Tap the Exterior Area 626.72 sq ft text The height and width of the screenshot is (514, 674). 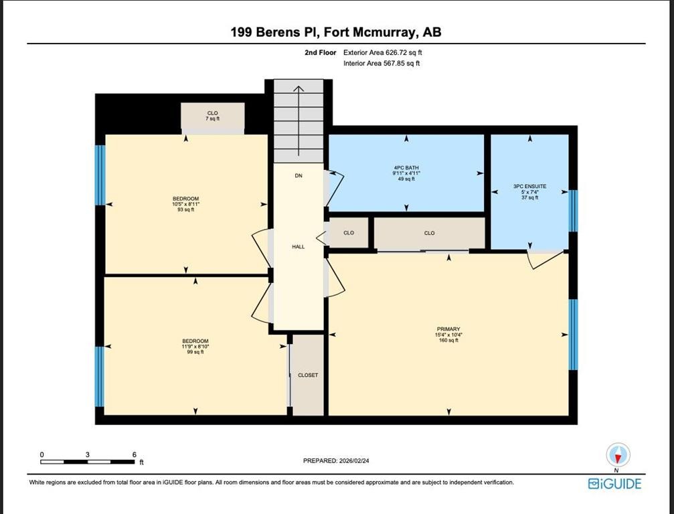click(382, 52)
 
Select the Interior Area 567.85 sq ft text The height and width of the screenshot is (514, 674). click(382, 63)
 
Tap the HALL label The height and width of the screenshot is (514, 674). click(299, 247)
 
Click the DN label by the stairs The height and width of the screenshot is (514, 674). click(299, 175)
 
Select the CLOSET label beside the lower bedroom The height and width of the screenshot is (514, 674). click(308, 375)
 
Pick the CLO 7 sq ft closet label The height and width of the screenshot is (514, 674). click(213, 116)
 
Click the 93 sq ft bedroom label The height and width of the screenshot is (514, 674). click(186, 203)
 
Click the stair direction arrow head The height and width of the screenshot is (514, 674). click(299, 87)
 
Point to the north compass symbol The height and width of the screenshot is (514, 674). click(618, 455)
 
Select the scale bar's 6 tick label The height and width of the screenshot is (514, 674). click(135, 454)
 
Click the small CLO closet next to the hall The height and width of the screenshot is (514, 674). click(348, 233)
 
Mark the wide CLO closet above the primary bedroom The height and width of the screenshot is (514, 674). click(429, 233)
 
